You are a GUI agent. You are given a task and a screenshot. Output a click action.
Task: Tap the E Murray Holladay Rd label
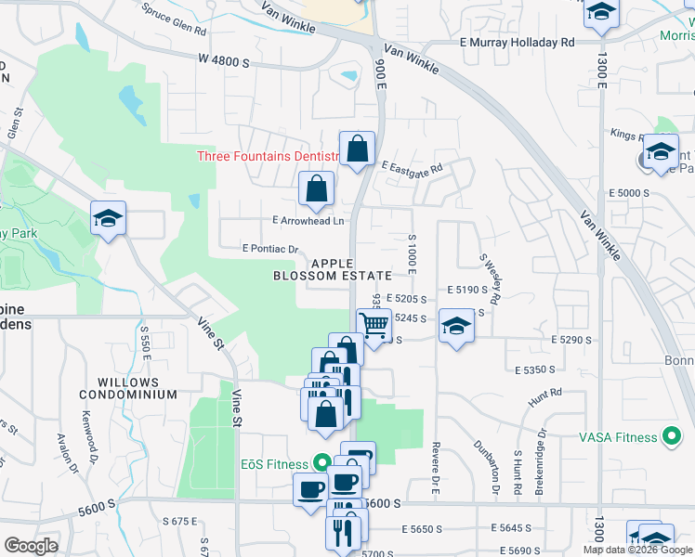517,43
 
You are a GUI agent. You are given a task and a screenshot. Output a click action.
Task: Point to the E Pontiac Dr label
269,249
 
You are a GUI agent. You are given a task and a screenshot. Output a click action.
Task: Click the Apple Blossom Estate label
332,269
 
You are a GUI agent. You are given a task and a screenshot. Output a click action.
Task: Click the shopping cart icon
374,326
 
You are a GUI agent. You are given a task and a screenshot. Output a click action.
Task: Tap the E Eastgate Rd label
412,166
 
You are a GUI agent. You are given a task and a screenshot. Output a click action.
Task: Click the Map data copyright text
637,550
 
